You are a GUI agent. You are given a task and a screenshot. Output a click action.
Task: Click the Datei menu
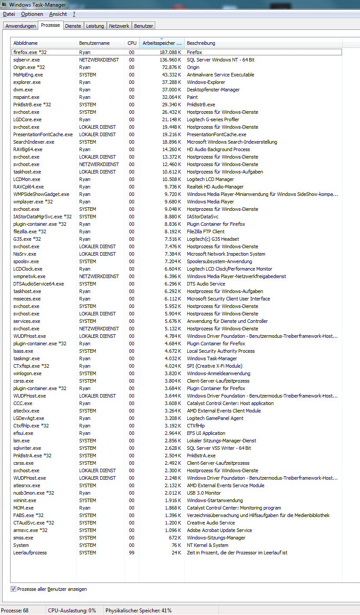(9, 14)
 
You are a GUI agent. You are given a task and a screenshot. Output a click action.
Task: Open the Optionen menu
(32, 14)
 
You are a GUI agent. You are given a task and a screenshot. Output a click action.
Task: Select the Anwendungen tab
(21, 26)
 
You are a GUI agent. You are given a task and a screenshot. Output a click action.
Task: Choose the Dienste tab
(73, 26)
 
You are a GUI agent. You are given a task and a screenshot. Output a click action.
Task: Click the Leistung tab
(95, 26)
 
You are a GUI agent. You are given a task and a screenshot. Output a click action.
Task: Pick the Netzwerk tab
(119, 26)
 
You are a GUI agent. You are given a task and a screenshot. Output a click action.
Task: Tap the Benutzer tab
(144, 26)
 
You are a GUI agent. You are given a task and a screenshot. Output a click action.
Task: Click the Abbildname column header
(25, 43)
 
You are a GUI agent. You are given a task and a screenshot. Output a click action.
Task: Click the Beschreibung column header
(201, 43)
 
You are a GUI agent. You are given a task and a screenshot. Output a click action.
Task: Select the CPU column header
(132, 43)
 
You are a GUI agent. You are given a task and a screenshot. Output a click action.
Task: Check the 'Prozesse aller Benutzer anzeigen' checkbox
(14, 589)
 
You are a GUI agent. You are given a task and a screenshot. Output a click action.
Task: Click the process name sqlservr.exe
(26, 60)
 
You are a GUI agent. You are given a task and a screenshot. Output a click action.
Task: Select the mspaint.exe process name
(26, 97)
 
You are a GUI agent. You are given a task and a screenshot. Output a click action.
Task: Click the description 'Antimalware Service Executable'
(220, 75)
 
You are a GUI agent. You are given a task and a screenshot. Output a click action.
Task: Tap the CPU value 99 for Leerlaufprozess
(132, 553)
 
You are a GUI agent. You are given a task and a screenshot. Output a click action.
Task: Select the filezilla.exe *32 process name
(30, 232)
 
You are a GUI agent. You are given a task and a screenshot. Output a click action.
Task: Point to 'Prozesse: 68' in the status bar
(15, 611)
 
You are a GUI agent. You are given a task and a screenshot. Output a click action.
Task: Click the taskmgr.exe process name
(27, 358)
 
